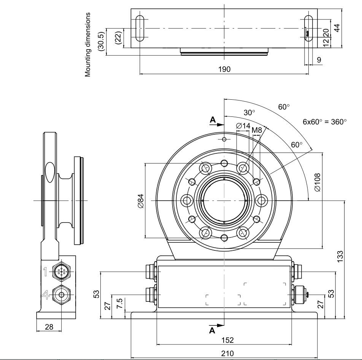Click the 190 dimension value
point(224,69)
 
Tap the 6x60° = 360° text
point(324,122)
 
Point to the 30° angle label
point(249,113)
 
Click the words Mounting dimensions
point(88,44)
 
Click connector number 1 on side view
point(45,272)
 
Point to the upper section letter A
point(213,120)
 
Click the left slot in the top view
point(140,28)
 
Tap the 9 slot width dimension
point(319,60)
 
